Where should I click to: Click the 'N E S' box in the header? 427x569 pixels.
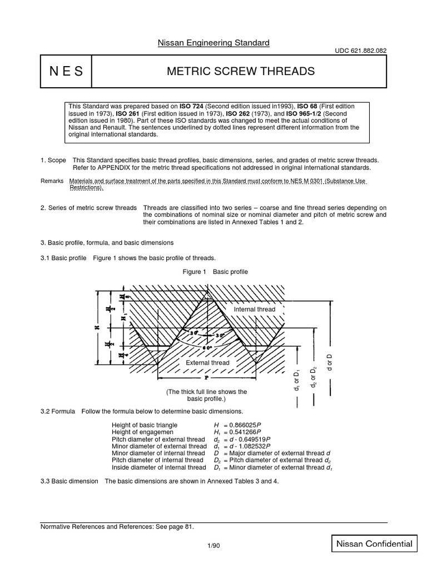[66, 71]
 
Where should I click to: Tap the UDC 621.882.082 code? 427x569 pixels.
[359, 51]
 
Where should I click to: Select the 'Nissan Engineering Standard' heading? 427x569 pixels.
[213, 42]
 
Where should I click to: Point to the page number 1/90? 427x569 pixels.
[213, 546]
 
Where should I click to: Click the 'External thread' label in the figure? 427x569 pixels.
[208, 363]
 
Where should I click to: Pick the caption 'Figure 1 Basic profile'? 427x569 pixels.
[215, 272]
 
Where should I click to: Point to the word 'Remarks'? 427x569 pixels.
[52, 181]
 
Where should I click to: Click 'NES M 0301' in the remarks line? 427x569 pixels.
[307, 181]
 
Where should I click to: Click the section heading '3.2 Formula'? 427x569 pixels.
[58, 411]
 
